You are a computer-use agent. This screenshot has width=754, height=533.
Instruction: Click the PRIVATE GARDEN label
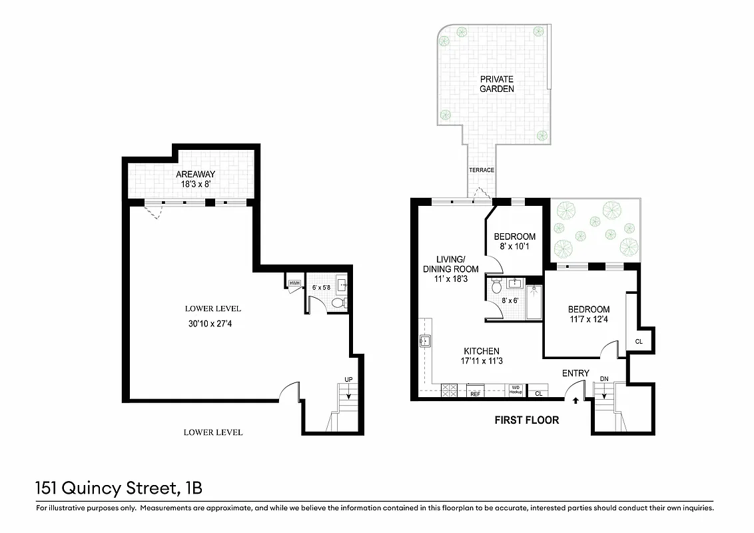pos(497,84)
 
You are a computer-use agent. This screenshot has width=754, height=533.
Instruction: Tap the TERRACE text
pos(482,170)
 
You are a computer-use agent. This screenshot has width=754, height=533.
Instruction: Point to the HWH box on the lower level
pos(294,283)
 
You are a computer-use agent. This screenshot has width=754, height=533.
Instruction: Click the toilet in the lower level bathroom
pos(338,303)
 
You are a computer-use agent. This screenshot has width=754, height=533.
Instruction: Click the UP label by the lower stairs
pos(348,380)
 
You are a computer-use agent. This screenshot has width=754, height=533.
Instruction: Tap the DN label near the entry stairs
pos(604,378)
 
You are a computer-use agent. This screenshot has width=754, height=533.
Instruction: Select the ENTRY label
pos(575,373)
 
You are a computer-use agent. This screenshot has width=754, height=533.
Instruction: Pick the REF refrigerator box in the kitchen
pos(476,393)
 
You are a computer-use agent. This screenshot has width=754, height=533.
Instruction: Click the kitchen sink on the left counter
pos(424,342)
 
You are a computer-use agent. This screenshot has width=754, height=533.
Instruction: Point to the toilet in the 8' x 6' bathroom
pos(496,287)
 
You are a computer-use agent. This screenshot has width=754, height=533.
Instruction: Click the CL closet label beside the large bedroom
pos(639,341)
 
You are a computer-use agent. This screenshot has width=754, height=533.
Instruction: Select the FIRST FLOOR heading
pos(526,420)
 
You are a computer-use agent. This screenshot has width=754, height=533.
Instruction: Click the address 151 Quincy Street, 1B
pos(119,488)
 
